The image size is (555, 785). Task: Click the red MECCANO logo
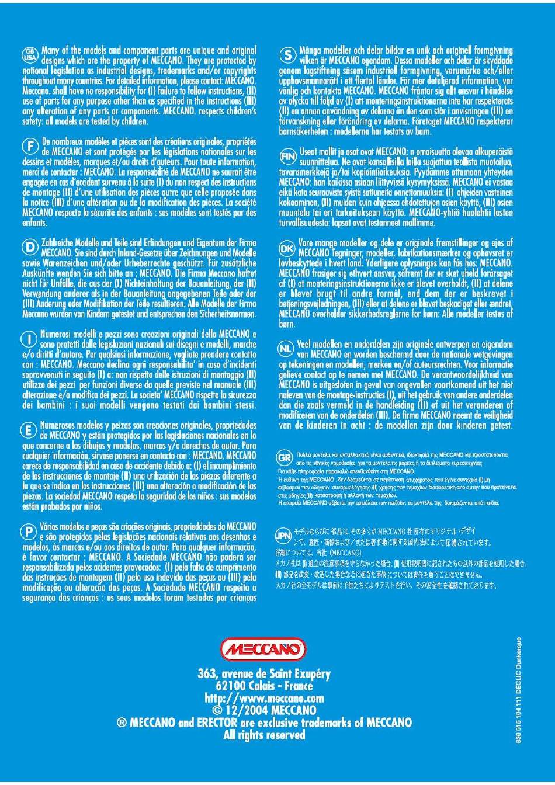(x=263, y=649)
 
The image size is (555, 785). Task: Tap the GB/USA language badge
(x=29, y=54)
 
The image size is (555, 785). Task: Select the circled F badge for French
(x=29, y=146)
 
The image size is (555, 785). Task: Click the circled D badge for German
(x=29, y=246)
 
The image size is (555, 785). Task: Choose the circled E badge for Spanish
(x=29, y=430)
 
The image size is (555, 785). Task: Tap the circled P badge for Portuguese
(x=29, y=532)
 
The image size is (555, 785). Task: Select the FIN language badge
(x=287, y=155)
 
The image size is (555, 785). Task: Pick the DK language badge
(x=287, y=248)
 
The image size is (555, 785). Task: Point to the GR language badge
(x=285, y=457)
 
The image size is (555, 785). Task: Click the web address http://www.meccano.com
(x=264, y=698)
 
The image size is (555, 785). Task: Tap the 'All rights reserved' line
(x=264, y=735)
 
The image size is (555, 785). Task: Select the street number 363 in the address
(x=207, y=673)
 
